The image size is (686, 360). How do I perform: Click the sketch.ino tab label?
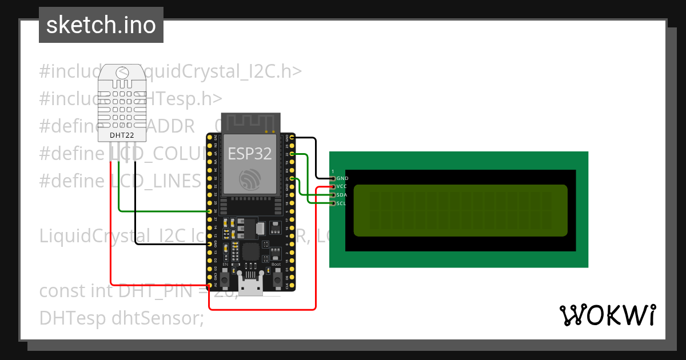coord(101,25)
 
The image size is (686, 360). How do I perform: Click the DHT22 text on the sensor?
coord(121,135)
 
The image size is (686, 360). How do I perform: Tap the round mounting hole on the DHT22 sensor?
coord(122,72)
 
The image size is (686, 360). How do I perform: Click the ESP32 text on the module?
coord(249,153)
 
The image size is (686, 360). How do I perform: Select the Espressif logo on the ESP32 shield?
coord(250,180)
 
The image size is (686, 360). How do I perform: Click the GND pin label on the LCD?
coord(342,178)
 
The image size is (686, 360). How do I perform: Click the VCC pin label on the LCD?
coord(342,186)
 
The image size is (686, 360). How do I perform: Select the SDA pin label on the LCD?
coord(342,195)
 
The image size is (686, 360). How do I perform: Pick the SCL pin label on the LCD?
coord(341,203)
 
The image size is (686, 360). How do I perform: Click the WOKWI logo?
coord(607,315)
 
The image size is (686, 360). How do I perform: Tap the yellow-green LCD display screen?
coord(460,210)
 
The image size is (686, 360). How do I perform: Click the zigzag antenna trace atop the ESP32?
coord(250,123)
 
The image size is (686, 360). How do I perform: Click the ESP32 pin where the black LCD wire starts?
coord(292,138)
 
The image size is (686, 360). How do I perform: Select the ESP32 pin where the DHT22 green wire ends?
coord(209,211)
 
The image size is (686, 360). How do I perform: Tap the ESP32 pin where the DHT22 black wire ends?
coord(209,244)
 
